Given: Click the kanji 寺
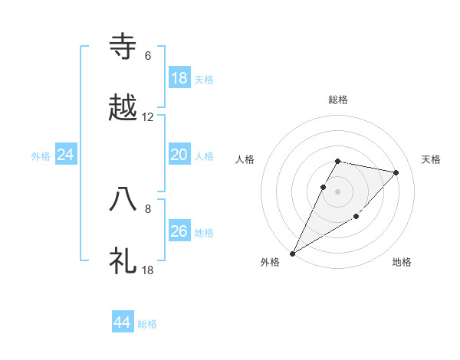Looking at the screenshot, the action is [123, 47].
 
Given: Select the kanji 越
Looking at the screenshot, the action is [123, 109].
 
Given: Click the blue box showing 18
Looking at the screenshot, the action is [179, 78].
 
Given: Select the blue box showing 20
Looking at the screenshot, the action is [179, 155].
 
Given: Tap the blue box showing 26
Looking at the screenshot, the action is [179, 231].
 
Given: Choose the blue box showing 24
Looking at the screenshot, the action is [66, 155].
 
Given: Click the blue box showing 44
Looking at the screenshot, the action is [123, 323].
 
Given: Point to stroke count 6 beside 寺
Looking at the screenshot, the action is [148, 56].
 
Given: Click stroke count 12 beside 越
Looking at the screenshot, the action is [148, 118].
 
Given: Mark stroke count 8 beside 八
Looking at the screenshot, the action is [148, 208].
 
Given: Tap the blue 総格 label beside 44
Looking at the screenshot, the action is [147, 325].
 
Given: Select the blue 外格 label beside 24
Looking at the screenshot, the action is [41, 156].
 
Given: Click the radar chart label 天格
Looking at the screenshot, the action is [432, 159].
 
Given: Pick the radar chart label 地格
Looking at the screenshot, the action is [402, 263].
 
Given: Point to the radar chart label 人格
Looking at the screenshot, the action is [245, 159].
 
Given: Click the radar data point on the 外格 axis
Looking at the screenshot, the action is [292, 253].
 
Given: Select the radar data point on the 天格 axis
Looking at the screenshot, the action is [396, 172].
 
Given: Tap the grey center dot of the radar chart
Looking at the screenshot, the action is [338, 191].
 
